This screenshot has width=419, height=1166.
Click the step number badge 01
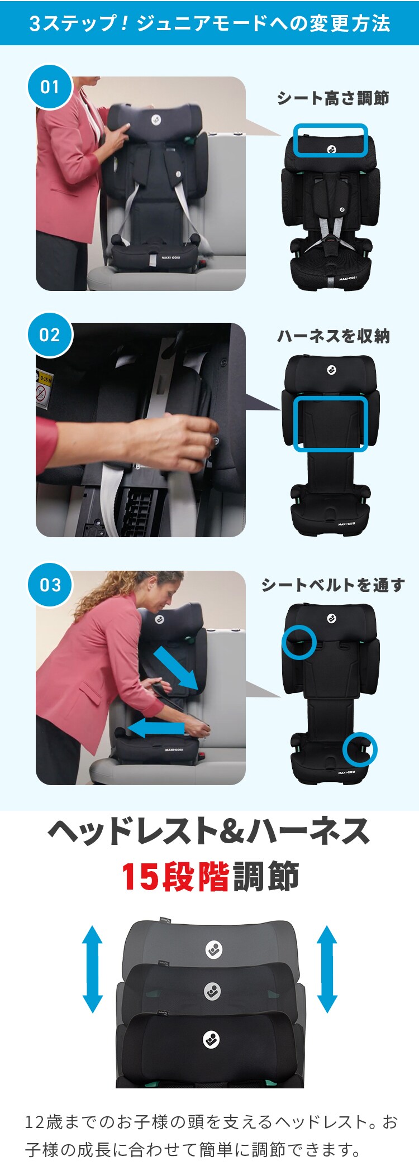point(50,87)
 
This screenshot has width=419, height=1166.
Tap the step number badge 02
point(50,335)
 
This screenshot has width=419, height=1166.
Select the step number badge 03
point(50,585)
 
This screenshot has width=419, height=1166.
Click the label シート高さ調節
point(333,98)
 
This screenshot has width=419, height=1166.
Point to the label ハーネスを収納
point(334,336)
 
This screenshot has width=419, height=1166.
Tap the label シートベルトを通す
point(333,585)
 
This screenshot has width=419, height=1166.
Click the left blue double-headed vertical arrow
point(93,969)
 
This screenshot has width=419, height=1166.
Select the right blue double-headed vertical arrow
point(327,969)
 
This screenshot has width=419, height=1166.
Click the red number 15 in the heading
point(140,877)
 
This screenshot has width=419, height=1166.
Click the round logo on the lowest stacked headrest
point(211,1039)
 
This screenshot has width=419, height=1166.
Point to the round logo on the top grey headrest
point(214,949)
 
